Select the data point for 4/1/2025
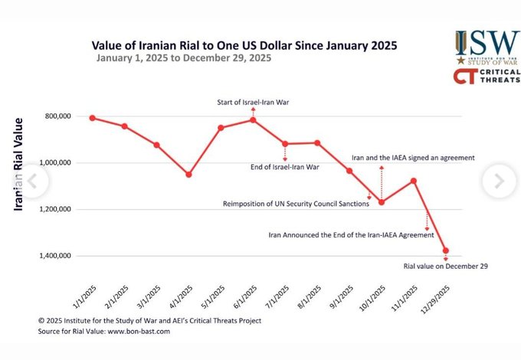click(188, 175)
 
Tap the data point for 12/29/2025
click(446, 250)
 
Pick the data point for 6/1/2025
click(253, 119)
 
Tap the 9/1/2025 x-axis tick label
click(341, 294)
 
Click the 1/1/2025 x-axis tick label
click(84, 294)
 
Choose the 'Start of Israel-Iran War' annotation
click(253, 103)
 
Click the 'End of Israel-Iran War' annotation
click(284, 167)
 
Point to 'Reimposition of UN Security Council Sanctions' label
click(296, 204)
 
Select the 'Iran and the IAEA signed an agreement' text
click(413, 157)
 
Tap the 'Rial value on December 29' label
click(446, 267)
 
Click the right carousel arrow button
click(499, 181)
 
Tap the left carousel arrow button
click(32, 181)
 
